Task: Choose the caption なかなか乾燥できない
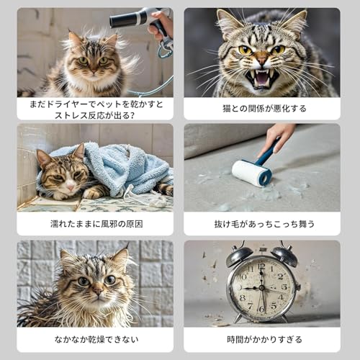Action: (95, 339)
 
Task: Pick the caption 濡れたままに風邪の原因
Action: (95, 224)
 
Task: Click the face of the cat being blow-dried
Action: (89, 61)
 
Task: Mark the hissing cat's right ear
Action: (296, 23)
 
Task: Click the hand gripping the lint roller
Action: (277, 135)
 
